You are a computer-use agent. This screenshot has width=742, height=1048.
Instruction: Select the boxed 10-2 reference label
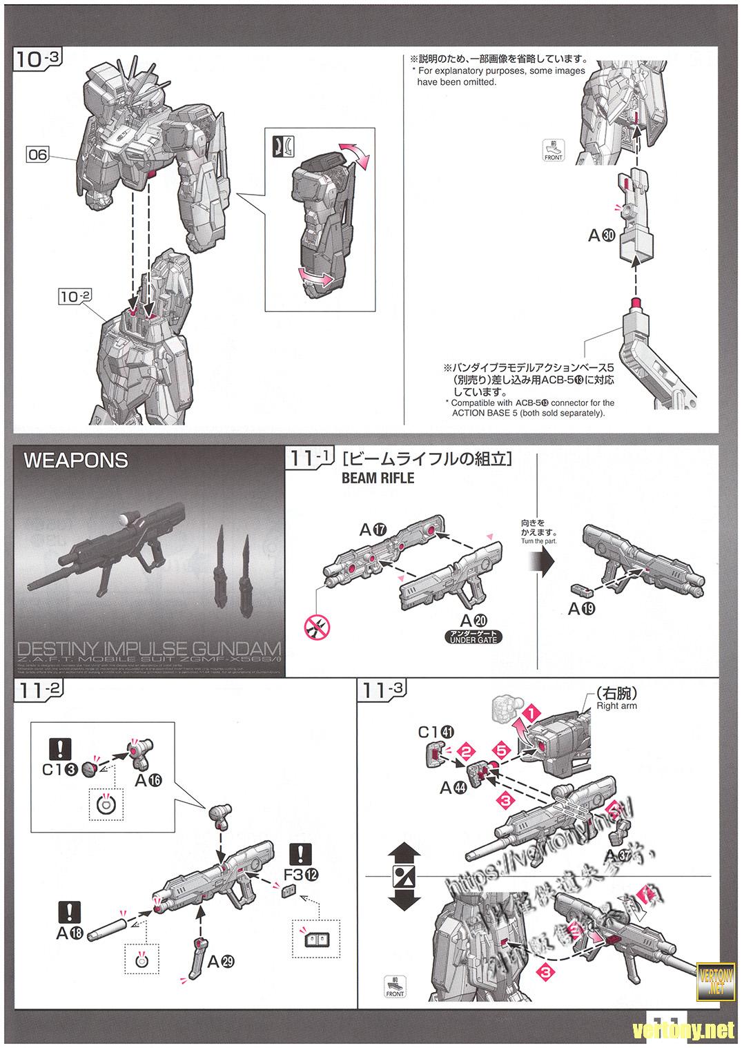point(75,296)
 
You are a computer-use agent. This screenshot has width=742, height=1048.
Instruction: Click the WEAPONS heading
point(76,460)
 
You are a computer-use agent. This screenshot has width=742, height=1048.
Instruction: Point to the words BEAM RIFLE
point(378,478)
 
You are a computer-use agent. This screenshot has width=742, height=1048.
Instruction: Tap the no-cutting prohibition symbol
point(317,627)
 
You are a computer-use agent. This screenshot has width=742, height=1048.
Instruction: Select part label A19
point(581,608)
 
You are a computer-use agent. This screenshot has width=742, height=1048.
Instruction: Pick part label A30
point(601,235)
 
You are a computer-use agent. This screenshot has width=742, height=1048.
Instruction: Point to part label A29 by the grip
point(221,960)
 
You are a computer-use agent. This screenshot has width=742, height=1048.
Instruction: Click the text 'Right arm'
point(616,706)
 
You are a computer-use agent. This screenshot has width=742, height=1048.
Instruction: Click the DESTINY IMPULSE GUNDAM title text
point(148,650)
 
